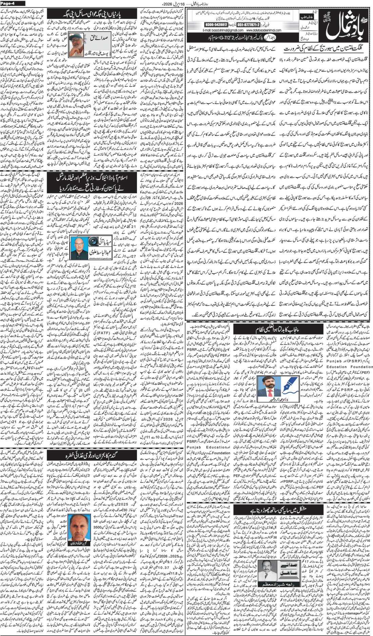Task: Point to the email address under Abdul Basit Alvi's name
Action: [101, 258]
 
